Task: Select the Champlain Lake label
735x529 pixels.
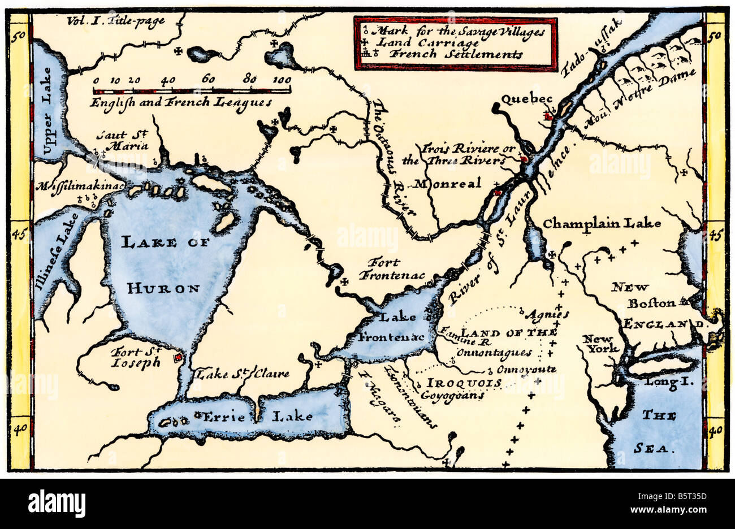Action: coord(602,224)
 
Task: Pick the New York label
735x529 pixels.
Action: coord(602,344)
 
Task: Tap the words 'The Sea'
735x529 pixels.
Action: coord(658,432)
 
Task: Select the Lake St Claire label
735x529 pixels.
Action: coord(242,374)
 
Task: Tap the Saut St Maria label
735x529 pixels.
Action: coord(121,140)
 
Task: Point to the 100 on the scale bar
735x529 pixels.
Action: coord(282,80)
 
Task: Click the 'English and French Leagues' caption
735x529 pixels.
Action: coord(180,103)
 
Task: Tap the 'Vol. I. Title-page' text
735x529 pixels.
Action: coord(115,21)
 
